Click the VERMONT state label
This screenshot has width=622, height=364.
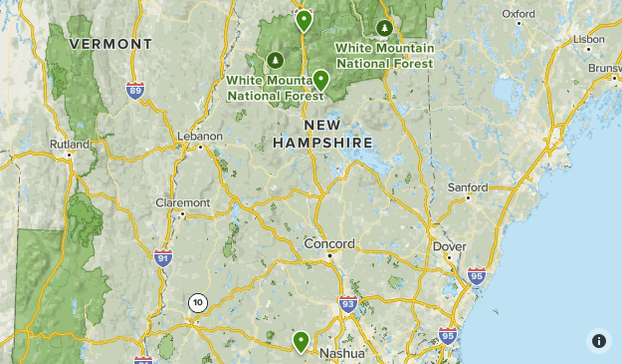tap(112, 45)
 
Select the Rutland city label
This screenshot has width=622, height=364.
tap(70, 144)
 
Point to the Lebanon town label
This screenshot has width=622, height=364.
tap(199, 136)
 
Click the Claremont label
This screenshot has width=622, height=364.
tap(183, 202)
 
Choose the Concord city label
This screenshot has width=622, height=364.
tap(328, 243)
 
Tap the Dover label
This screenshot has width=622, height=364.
tap(449, 245)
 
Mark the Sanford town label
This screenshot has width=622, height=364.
tap(468, 186)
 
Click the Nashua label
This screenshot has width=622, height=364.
tap(341, 354)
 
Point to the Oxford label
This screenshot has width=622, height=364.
tap(518, 14)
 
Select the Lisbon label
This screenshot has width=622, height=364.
tap(588, 39)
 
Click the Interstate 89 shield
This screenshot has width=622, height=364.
tap(135, 91)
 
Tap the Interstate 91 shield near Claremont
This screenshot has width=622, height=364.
tap(163, 257)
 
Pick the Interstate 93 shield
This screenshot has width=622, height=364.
tap(347, 304)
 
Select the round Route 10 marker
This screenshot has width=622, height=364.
tap(198, 302)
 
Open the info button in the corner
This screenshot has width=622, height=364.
tap(599, 341)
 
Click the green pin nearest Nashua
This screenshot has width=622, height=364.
tap(301, 342)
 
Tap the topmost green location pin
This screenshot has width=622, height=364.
tap(305, 19)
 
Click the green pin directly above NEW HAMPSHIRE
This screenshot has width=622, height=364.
tap(320, 80)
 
